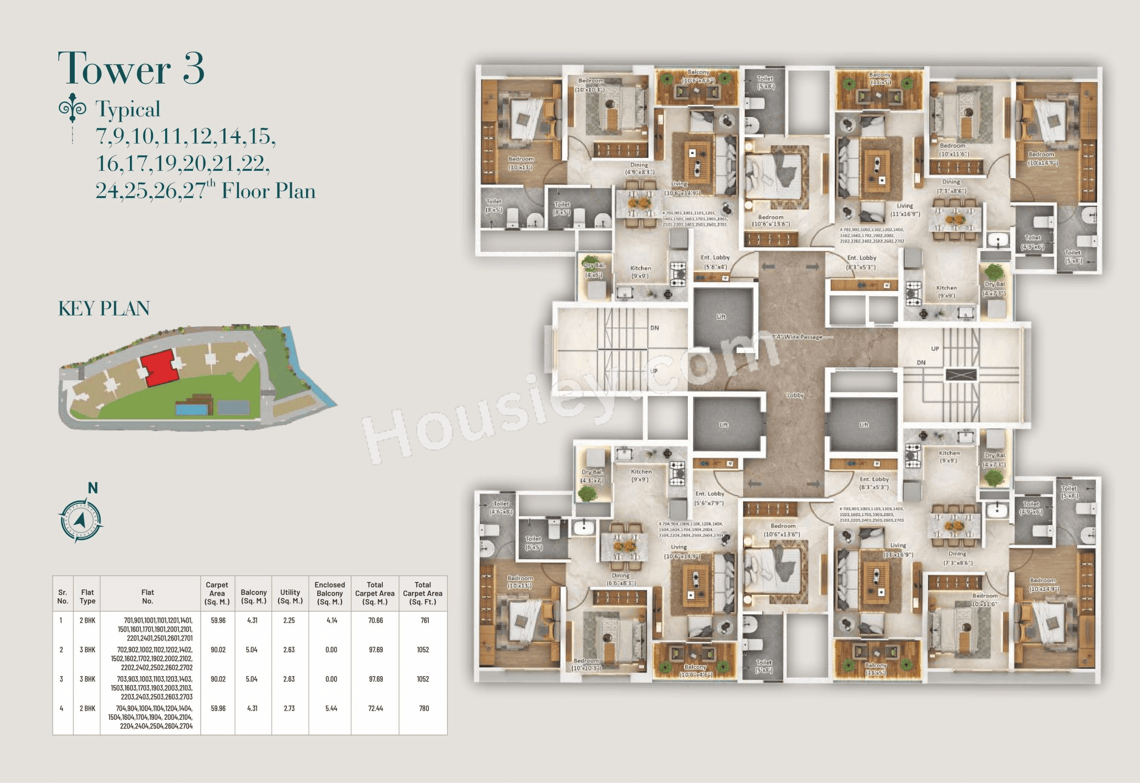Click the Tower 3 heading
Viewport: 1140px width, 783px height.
(131, 69)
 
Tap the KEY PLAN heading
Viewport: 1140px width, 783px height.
(104, 309)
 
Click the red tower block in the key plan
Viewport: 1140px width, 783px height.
(159, 368)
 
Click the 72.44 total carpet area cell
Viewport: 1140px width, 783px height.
(375, 708)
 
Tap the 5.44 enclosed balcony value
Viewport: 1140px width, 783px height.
(331, 708)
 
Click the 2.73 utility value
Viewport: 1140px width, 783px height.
(289, 708)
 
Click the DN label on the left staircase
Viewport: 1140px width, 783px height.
(654, 328)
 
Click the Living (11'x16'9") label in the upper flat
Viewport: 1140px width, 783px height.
(905, 210)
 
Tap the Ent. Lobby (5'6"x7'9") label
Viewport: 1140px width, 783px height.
(710, 498)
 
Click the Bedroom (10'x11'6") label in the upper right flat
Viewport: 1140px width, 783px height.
(953, 149)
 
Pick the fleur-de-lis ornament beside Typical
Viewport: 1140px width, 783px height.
(72, 107)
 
